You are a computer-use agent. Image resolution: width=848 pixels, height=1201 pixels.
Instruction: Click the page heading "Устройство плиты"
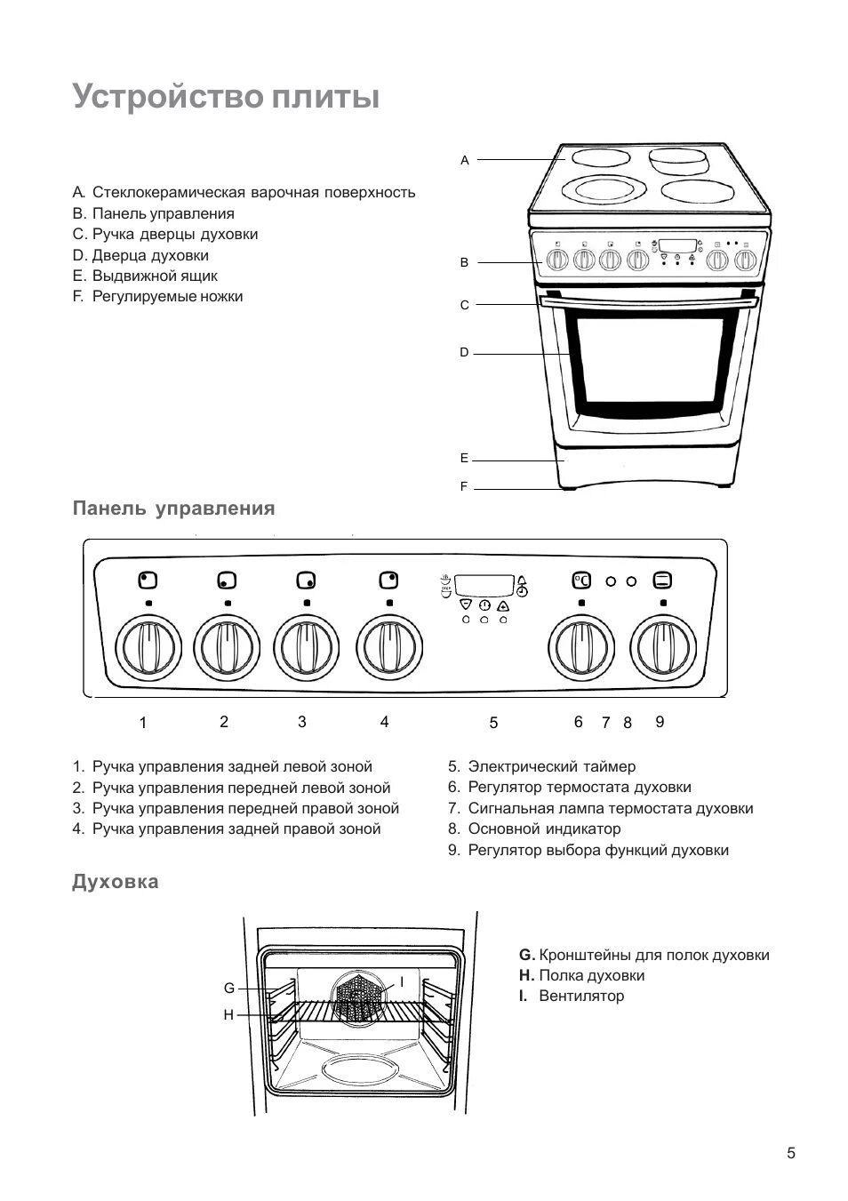pos(226,96)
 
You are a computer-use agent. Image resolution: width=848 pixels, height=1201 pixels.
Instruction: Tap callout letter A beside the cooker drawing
pos(464,161)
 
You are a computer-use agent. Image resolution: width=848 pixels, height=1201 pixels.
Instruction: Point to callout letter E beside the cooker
pos(464,459)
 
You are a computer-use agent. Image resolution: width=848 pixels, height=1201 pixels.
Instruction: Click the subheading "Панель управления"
pos(173,508)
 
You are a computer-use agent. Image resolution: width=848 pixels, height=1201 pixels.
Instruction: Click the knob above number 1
pos(148,646)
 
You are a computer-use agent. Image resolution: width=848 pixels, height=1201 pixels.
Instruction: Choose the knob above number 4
pos(388,646)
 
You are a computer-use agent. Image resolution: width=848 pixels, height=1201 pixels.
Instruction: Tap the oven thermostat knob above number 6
pos(580,646)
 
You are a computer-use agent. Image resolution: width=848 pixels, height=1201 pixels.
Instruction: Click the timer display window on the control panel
pos(484,584)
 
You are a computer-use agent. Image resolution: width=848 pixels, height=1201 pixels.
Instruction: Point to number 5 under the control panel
pos(493,724)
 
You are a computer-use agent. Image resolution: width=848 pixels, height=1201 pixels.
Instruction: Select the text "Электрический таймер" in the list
pos(551,766)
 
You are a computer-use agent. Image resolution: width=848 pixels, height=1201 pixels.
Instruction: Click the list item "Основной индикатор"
pos(544,829)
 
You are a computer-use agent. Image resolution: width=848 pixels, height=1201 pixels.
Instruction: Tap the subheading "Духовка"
pos(116,882)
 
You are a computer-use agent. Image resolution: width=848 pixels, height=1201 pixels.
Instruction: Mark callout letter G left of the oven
pos(228,989)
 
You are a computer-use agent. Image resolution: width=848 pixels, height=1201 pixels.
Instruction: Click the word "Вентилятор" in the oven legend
pos(581,996)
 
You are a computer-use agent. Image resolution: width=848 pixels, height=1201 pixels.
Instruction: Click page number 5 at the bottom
pos(791,1154)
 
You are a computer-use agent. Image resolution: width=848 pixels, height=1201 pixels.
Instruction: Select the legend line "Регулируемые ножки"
pos(167,296)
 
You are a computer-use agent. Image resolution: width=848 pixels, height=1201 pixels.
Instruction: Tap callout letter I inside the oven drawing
pos(401,981)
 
